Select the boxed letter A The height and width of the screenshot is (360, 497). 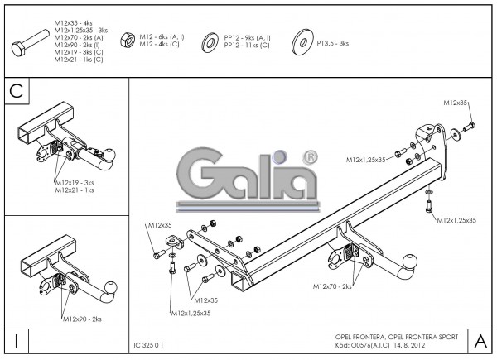coord(480,339)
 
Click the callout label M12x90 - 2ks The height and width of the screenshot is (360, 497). coord(81,319)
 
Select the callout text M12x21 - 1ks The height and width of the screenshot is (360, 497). coord(75,190)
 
